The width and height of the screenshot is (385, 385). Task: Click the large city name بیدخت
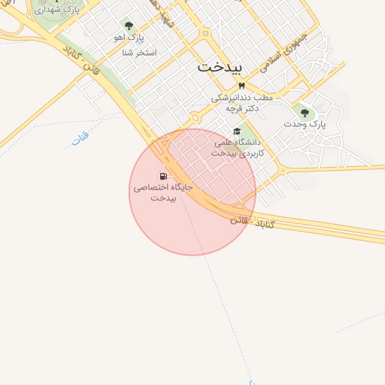(220, 67)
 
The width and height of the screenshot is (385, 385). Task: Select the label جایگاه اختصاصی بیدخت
(163, 192)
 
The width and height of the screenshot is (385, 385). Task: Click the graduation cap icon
(237, 131)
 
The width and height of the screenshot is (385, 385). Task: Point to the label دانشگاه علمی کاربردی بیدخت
(235, 147)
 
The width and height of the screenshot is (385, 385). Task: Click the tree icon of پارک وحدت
(305, 113)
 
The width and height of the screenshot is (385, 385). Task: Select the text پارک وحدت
(305, 124)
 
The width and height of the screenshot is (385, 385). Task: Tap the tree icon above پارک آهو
(129, 26)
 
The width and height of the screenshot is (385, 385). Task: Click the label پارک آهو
(129, 37)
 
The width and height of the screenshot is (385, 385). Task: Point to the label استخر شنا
(138, 53)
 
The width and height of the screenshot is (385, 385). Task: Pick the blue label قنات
(80, 138)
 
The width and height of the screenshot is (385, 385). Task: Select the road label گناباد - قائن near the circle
(253, 223)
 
